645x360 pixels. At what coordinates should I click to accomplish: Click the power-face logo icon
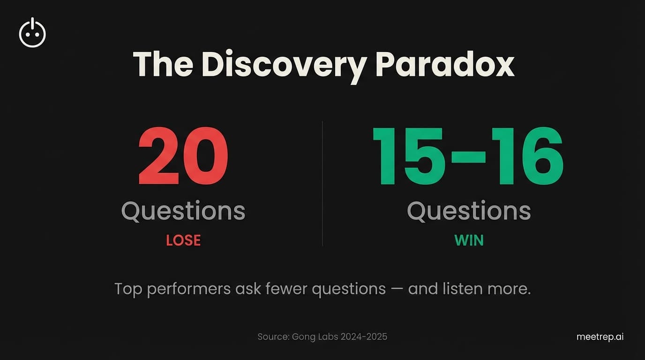pyautogui.click(x=32, y=33)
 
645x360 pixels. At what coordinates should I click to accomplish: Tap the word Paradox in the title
pyautogui.click(x=444, y=65)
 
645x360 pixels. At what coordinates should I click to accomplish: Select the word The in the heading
pyautogui.click(x=163, y=65)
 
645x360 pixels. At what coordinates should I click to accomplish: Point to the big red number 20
pyautogui.click(x=183, y=157)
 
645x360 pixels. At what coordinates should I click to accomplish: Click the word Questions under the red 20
pyautogui.click(x=183, y=211)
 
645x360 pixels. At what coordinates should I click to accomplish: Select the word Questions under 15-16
pyautogui.click(x=469, y=211)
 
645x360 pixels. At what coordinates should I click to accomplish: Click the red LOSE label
pyautogui.click(x=183, y=240)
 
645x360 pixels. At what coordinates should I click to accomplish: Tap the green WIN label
pyautogui.click(x=469, y=240)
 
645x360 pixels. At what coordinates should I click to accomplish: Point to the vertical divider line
pyautogui.click(x=322, y=183)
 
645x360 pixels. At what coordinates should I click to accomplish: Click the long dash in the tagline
pyautogui.click(x=397, y=289)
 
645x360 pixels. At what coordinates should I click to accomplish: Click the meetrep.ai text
pyautogui.click(x=600, y=337)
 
